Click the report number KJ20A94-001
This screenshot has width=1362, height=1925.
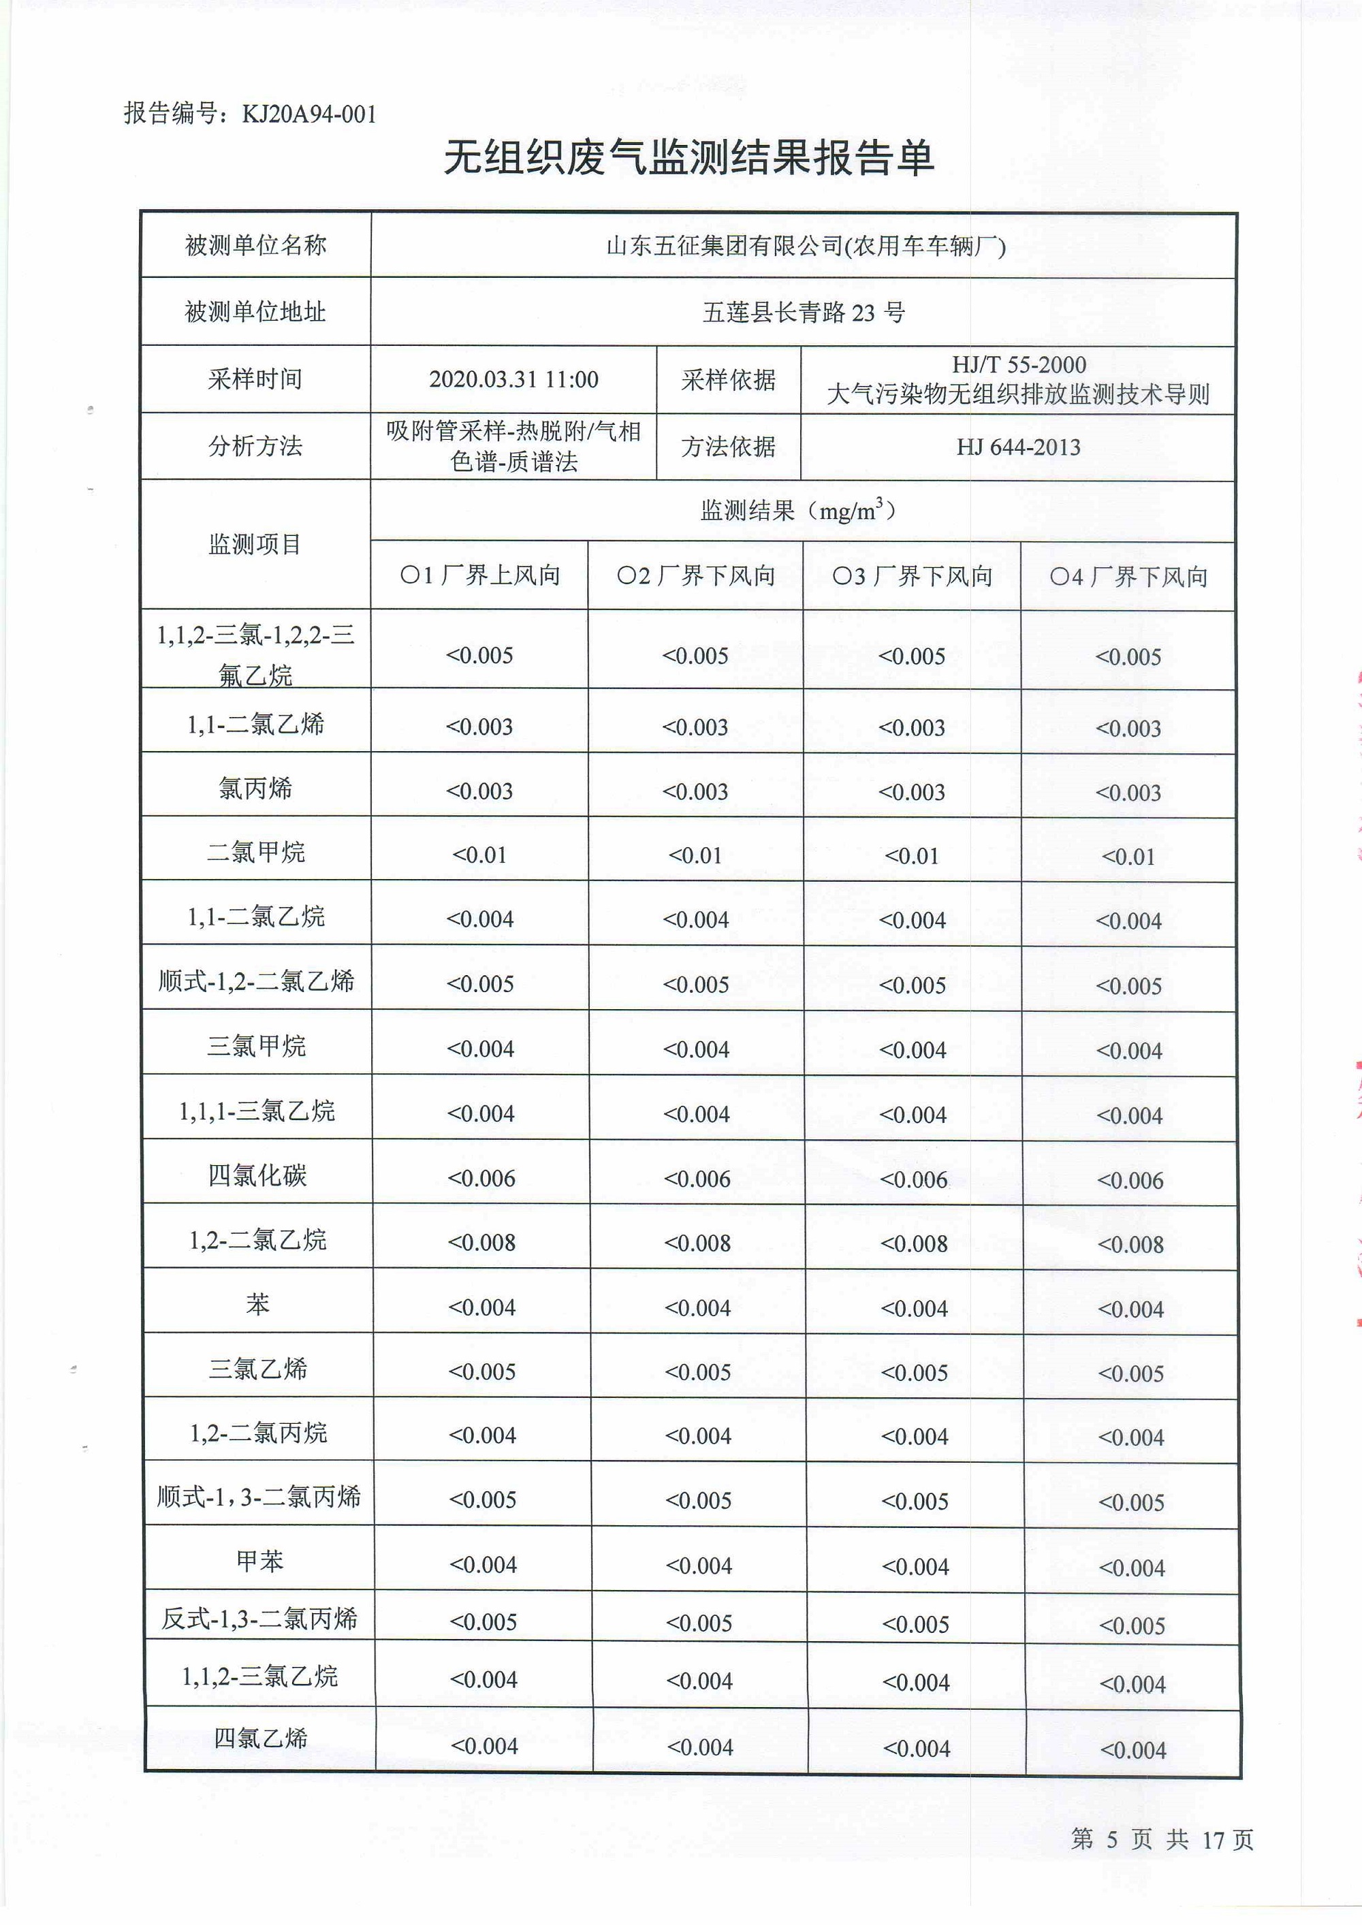pos(308,114)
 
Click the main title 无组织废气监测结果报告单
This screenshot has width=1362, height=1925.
pos(688,157)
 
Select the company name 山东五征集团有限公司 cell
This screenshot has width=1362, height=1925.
pos(805,246)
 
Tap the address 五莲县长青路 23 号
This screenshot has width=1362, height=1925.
pos(804,313)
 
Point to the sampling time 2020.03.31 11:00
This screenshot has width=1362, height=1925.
pos(513,380)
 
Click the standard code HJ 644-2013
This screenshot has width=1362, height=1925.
pos(1018,447)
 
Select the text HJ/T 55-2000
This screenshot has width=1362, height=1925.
pos(1018,365)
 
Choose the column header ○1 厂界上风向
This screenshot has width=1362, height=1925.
pos(479,575)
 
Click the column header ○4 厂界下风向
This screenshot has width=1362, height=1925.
pos(1128,577)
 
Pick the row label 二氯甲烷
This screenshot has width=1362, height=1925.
pos(256,853)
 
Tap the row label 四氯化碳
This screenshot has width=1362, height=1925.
pos(257,1175)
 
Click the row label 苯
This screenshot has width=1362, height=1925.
pos(257,1304)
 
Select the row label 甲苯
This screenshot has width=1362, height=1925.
pos(259,1561)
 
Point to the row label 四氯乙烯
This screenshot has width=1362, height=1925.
pos(260,1738)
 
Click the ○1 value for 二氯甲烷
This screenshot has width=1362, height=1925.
pos(479,855)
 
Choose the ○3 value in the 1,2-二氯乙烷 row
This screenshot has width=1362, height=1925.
pos(913,1243)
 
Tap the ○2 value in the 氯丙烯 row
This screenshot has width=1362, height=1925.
pos(695,791)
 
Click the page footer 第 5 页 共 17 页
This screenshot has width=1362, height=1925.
pos(1162,1839)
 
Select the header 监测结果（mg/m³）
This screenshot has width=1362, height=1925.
pos(802,510)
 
